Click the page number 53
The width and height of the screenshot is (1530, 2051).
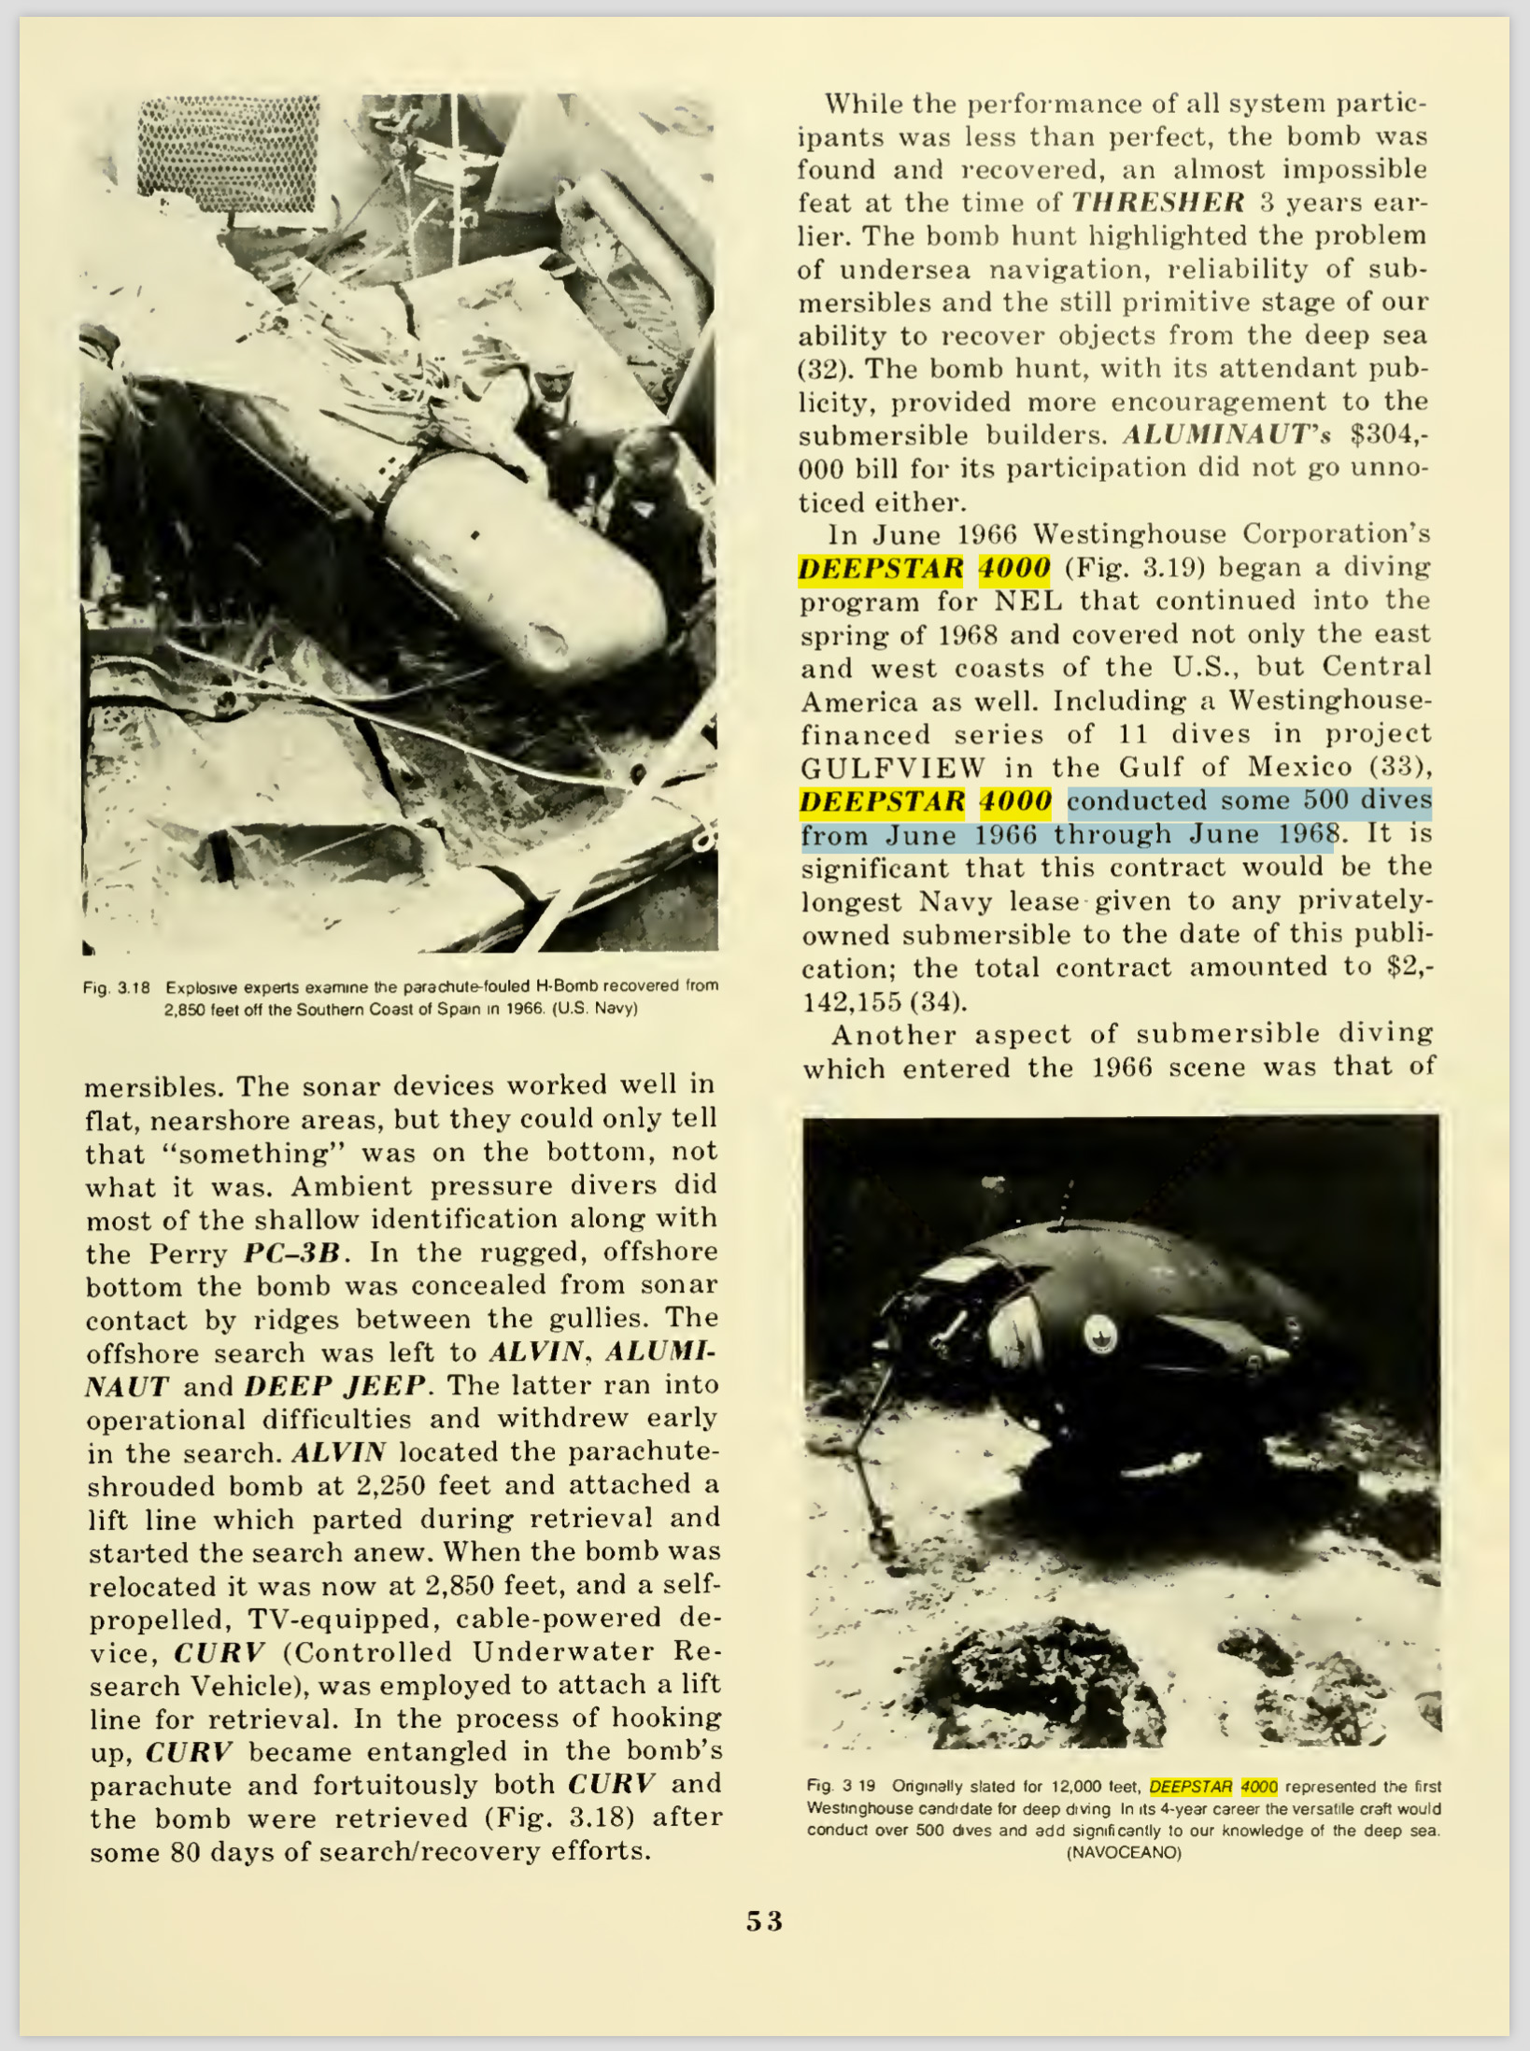pos(764,1920)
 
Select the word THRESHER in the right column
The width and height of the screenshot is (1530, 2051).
pos(1158,203)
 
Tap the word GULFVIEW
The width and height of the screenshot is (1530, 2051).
pos(893,768)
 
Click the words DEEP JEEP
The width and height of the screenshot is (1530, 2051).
pos(334,1385)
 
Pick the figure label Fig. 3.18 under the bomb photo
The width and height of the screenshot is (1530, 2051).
pos(117,987)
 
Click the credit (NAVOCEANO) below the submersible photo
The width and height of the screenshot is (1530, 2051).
pos(1124,1853)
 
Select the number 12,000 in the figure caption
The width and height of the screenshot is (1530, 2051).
pos(1079,1787)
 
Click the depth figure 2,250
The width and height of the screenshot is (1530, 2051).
pos(392,1485)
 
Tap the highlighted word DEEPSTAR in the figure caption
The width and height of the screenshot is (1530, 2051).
pos(1191,1787)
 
